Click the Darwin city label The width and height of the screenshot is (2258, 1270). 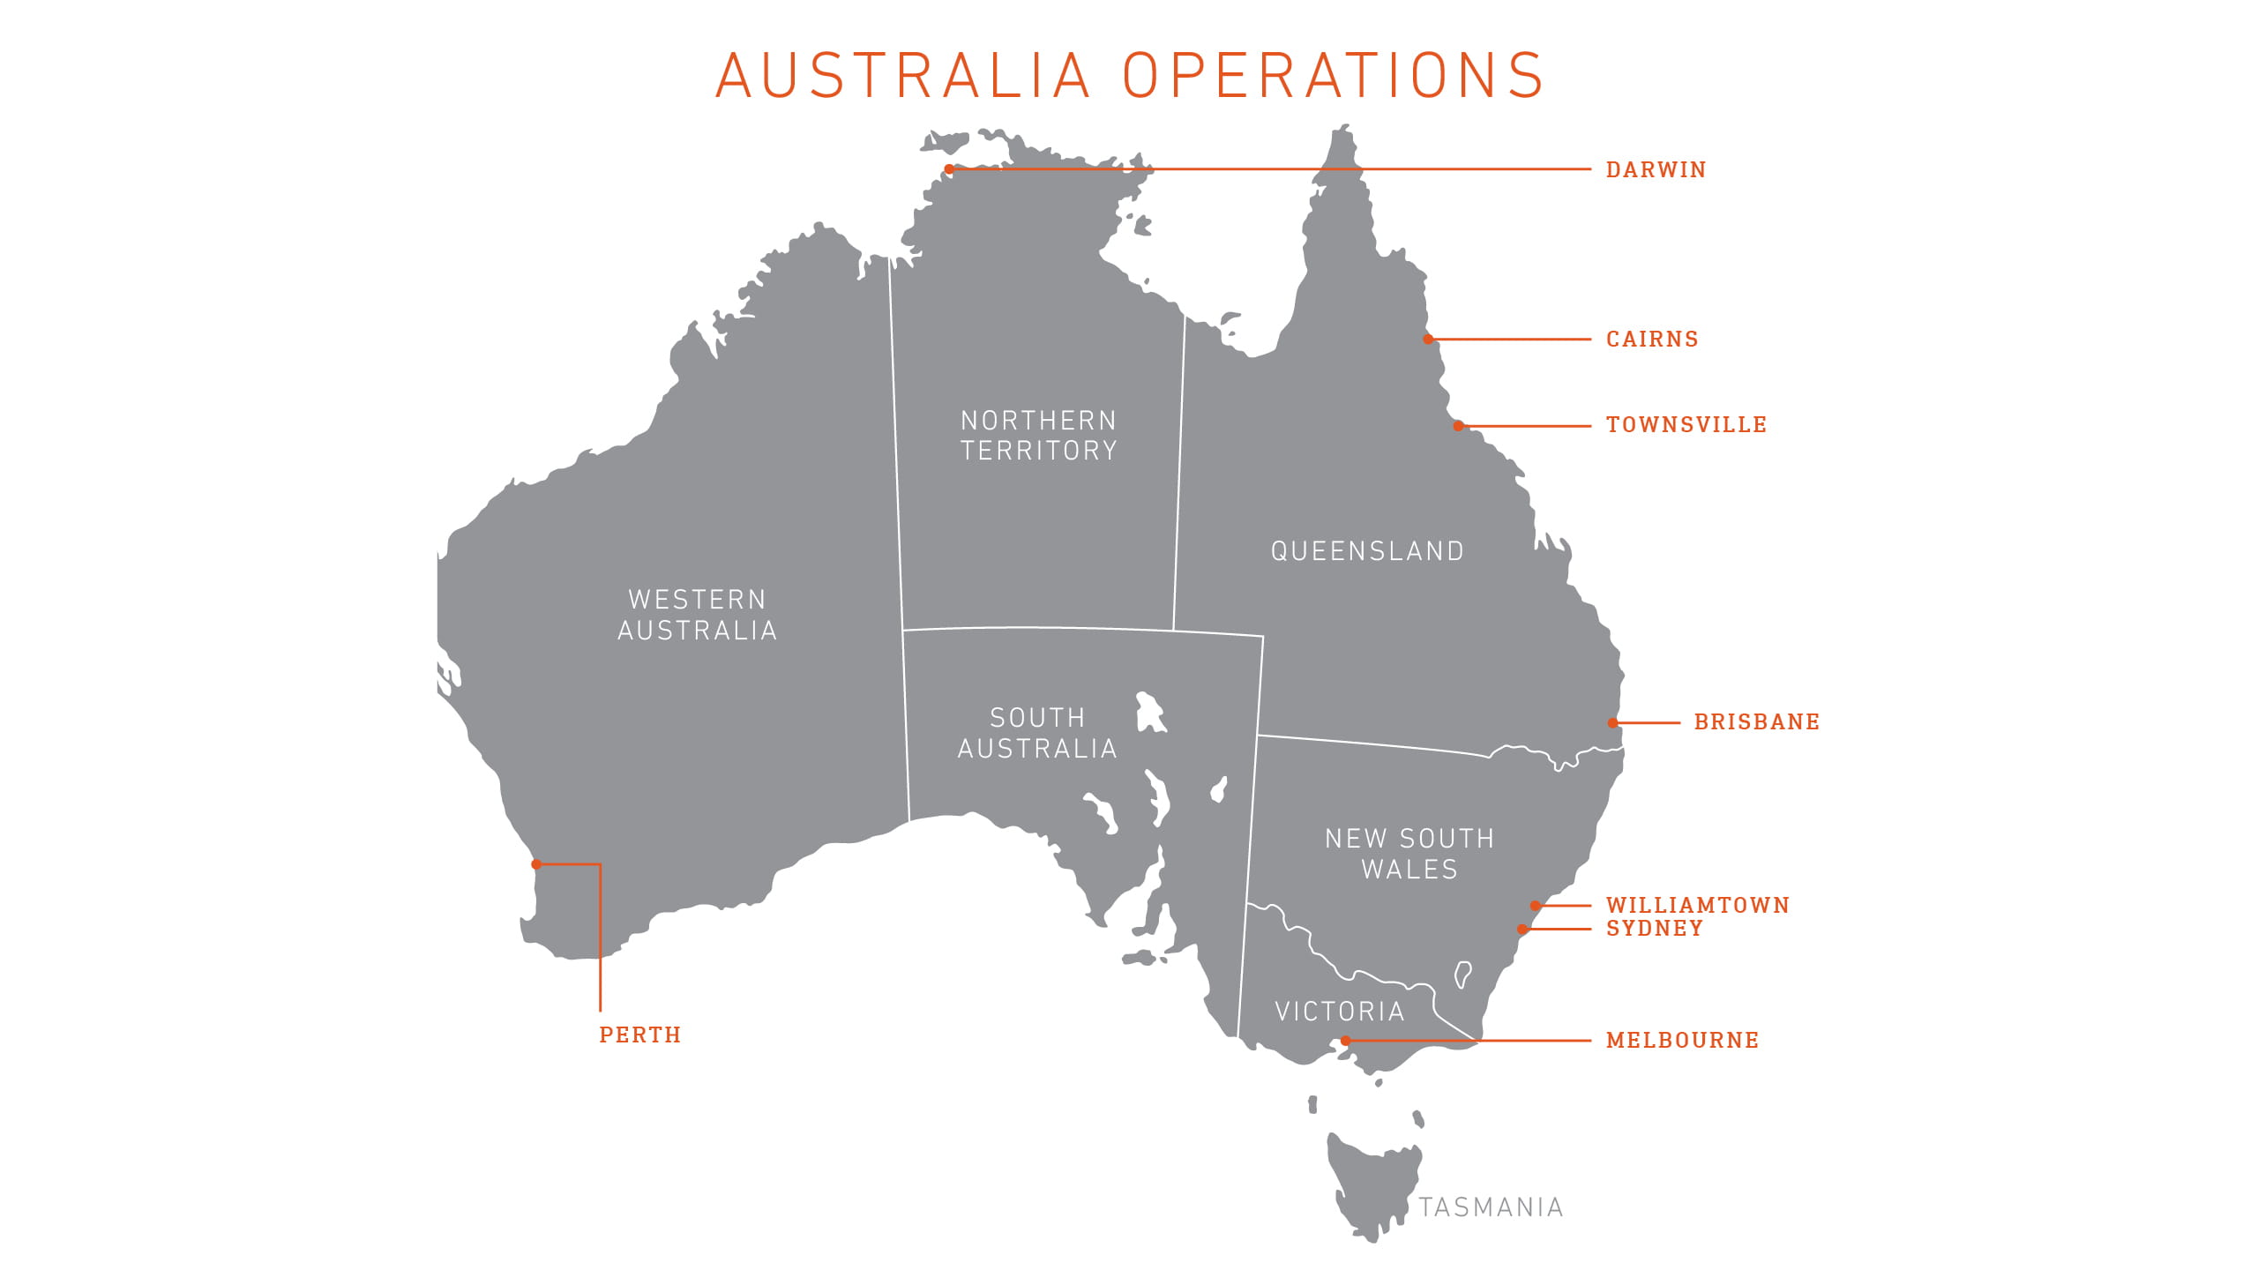click(1656, 169)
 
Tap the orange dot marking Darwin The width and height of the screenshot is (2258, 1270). click(949, 169)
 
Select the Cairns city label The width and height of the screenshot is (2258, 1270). click(1652, 340)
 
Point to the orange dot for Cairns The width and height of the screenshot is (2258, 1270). click(1428, 340)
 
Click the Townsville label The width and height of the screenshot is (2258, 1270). click(1686, 425)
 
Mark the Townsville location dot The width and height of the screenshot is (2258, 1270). click(1459, 426)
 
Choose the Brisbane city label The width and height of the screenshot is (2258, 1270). click(1757, 722)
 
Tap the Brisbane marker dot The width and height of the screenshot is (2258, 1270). click(1612, 723)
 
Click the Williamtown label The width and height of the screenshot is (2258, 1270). click(1698, 906)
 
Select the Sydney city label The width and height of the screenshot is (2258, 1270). click(1655, 929)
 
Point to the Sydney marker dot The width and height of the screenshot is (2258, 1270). click(1522, 929)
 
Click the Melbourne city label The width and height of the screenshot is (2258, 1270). click(1682, 1041)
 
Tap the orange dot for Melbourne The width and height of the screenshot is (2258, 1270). click(1346, 1041)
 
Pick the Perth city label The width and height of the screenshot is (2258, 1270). click(640, 1035)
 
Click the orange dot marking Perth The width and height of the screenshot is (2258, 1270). click(536, 864)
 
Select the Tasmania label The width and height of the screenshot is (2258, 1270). click(1491, 1207)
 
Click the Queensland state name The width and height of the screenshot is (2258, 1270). click(1367, 551)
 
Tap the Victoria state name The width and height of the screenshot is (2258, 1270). click(1340, 1012)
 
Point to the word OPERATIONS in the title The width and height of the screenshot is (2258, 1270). click(1333, 76)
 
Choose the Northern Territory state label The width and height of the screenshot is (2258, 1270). click(1039, 436)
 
